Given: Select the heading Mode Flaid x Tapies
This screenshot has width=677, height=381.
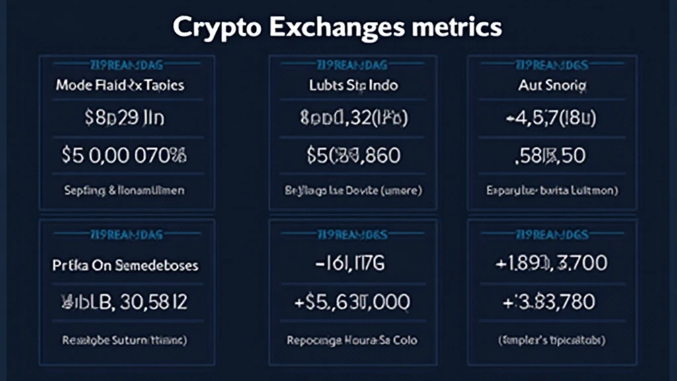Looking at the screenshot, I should [120, 86].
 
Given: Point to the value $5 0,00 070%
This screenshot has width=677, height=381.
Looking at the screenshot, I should [125, 156].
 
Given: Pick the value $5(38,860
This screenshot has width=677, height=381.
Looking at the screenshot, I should [353, 156].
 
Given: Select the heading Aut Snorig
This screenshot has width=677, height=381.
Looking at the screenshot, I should [553, 86].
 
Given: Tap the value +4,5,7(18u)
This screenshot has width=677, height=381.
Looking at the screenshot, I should [552, 120].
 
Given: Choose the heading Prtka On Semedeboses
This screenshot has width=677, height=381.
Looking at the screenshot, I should [126, 265].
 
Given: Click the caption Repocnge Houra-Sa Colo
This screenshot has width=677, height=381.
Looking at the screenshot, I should [353, 341].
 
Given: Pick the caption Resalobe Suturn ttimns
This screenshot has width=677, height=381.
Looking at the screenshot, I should [124, 341].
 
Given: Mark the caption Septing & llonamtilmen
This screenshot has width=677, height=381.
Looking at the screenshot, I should [124, 190].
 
